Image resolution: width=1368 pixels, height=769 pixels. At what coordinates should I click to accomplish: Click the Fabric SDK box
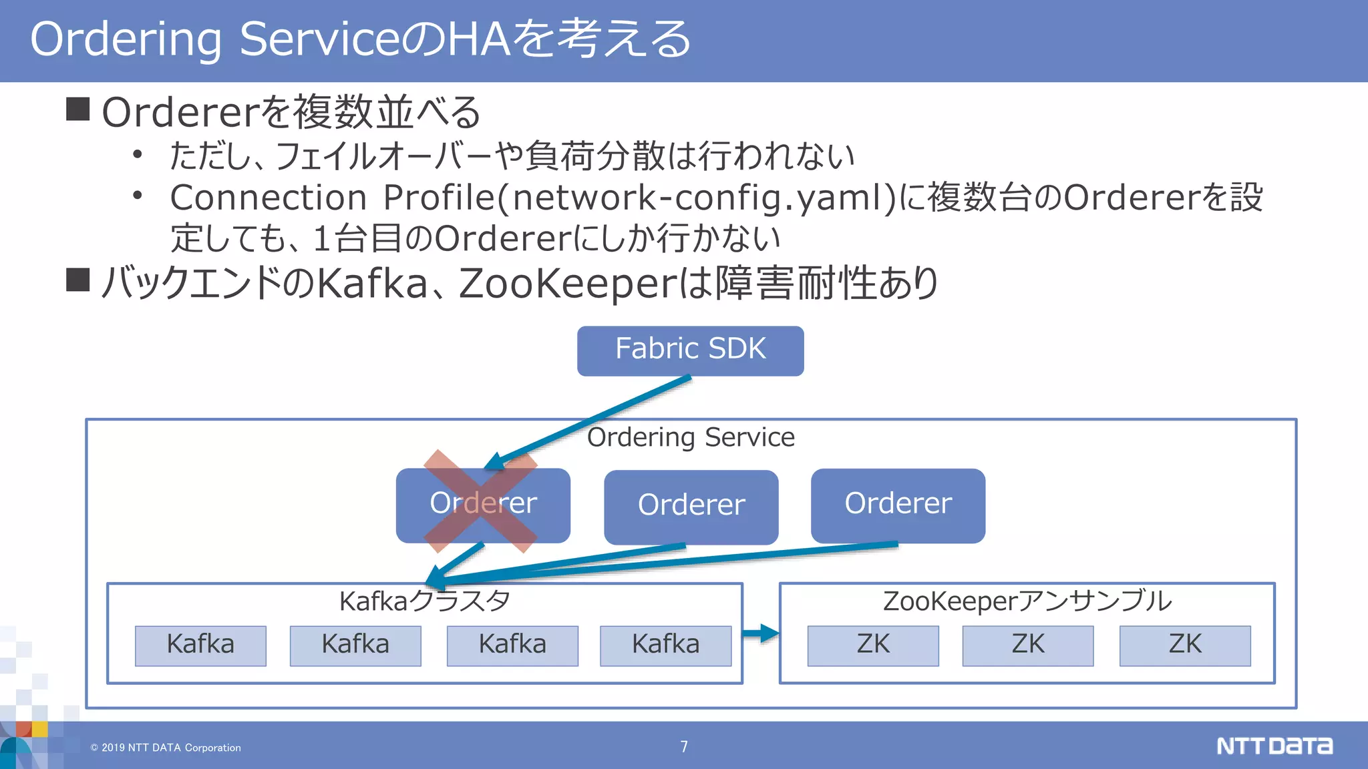(690, 350)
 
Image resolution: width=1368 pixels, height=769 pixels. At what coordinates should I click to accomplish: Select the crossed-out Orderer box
(482, 505)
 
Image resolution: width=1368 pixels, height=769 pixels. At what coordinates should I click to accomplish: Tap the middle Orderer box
(691, 506)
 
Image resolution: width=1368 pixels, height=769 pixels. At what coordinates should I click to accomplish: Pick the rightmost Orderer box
(898, 505)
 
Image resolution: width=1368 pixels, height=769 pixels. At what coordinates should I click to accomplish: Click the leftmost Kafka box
(200, 646)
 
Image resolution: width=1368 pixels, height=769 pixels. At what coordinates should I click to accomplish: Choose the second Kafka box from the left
(355, 646)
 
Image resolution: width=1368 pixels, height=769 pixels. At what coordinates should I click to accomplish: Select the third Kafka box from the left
(512, 646)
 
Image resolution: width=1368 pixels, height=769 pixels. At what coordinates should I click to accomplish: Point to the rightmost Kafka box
(665, 646)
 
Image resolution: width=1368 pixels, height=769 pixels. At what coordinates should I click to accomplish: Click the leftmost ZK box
(872, 646)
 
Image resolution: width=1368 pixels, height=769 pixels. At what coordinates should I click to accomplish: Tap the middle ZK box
(1027, 646)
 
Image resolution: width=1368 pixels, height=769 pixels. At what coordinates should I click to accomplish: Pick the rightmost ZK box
(1185, 646)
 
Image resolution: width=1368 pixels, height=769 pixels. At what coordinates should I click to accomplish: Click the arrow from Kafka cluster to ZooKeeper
(761, 633)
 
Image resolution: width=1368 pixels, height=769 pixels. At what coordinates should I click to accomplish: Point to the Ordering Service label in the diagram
(691, 437)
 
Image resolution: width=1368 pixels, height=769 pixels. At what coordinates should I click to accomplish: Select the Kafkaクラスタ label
(425, 601)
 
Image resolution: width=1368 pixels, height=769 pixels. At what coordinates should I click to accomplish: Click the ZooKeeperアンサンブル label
(1027, 601)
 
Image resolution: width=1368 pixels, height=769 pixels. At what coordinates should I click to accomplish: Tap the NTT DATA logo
(1274, 746)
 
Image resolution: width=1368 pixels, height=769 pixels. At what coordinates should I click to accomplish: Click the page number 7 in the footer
(684, 746)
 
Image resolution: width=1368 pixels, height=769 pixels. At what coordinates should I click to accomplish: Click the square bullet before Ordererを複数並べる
(78, 109)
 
